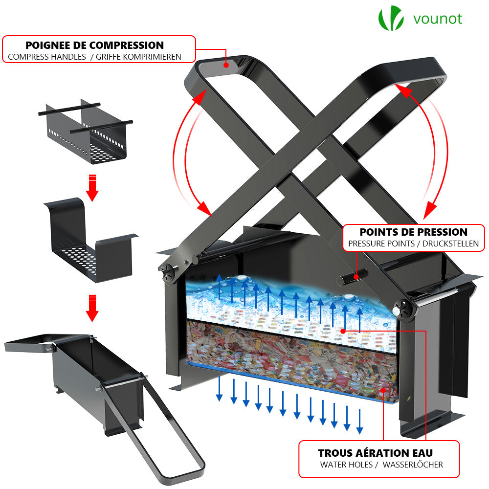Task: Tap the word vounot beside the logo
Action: tap(437, 19)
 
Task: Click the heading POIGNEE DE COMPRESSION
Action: tap(95, 45)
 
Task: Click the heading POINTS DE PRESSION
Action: tap(414, 232)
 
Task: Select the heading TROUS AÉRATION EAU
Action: tap(376, 453)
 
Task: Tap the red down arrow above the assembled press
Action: tap(91, 308)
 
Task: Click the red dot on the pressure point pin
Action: tap(357, 277)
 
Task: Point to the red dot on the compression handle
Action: tap(226, 64)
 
